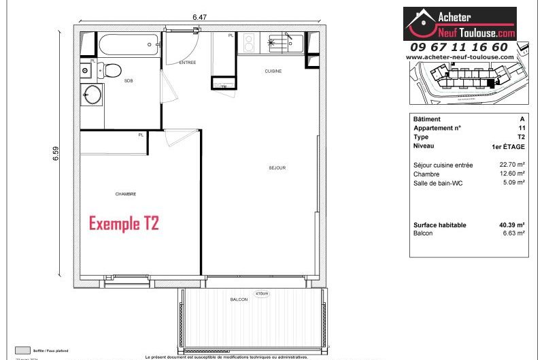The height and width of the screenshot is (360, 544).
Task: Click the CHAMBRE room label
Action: point(125,194)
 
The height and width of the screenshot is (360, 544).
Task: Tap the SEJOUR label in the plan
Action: point(277,167)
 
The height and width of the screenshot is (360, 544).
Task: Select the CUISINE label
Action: point(273,71)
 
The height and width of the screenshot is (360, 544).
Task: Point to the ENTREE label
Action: point(188,63)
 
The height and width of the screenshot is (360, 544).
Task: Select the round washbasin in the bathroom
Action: point(91,94)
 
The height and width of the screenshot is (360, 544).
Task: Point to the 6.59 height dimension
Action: point(56,154)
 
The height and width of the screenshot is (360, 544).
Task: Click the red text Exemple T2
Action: point(124,223)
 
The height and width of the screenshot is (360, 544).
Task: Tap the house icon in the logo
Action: point(422,24)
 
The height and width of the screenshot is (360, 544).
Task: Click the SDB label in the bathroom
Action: point(128,80)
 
